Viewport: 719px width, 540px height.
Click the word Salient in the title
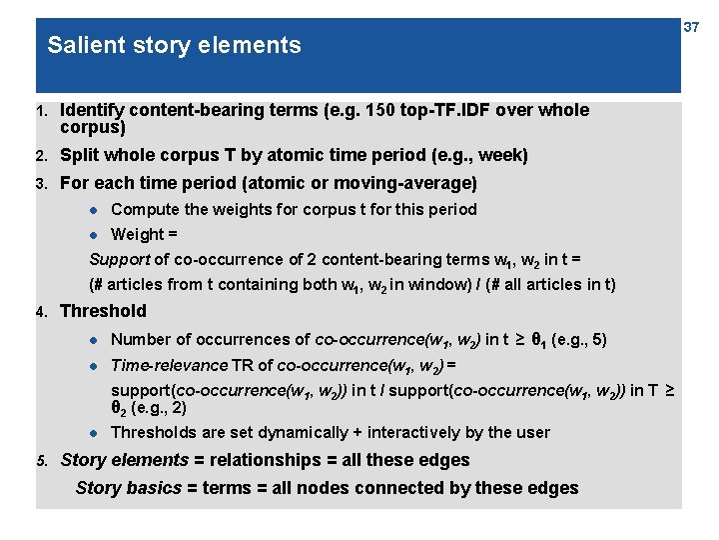point(81,45)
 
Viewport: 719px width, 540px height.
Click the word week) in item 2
point(502,155)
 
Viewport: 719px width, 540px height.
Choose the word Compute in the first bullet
point(144,209)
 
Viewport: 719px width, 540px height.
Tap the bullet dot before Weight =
point(95,235)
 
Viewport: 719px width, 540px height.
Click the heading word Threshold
point(103,311)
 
